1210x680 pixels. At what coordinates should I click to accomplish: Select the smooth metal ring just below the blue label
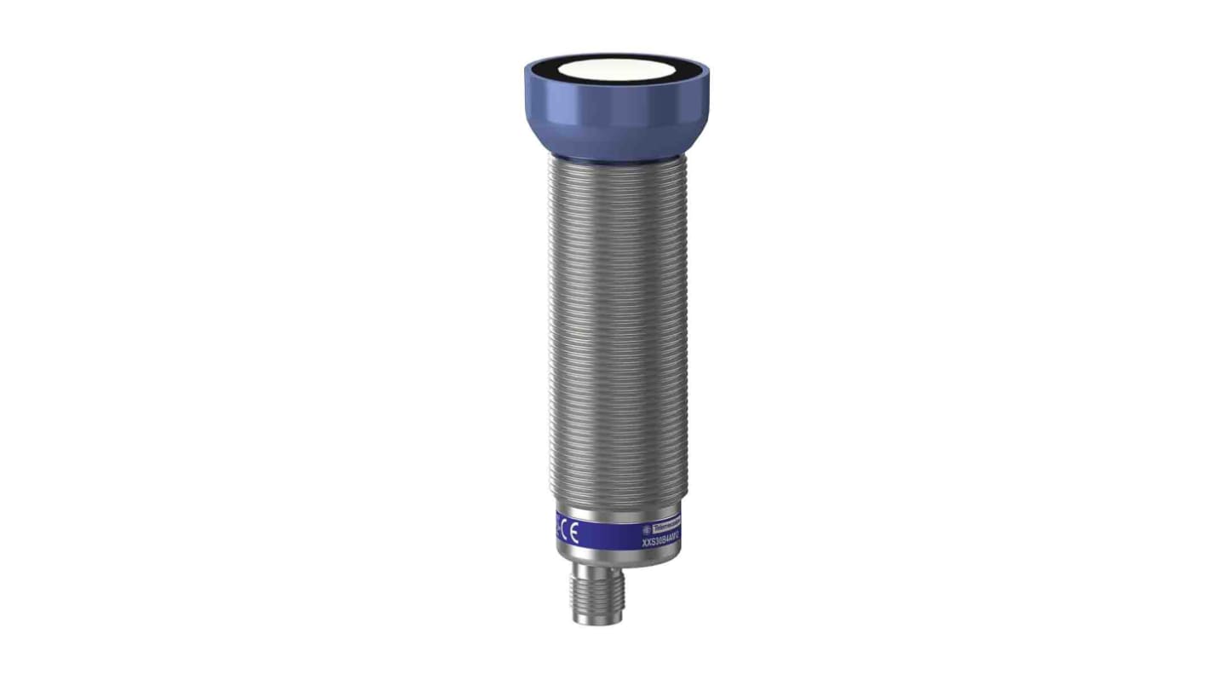[615, 558]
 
